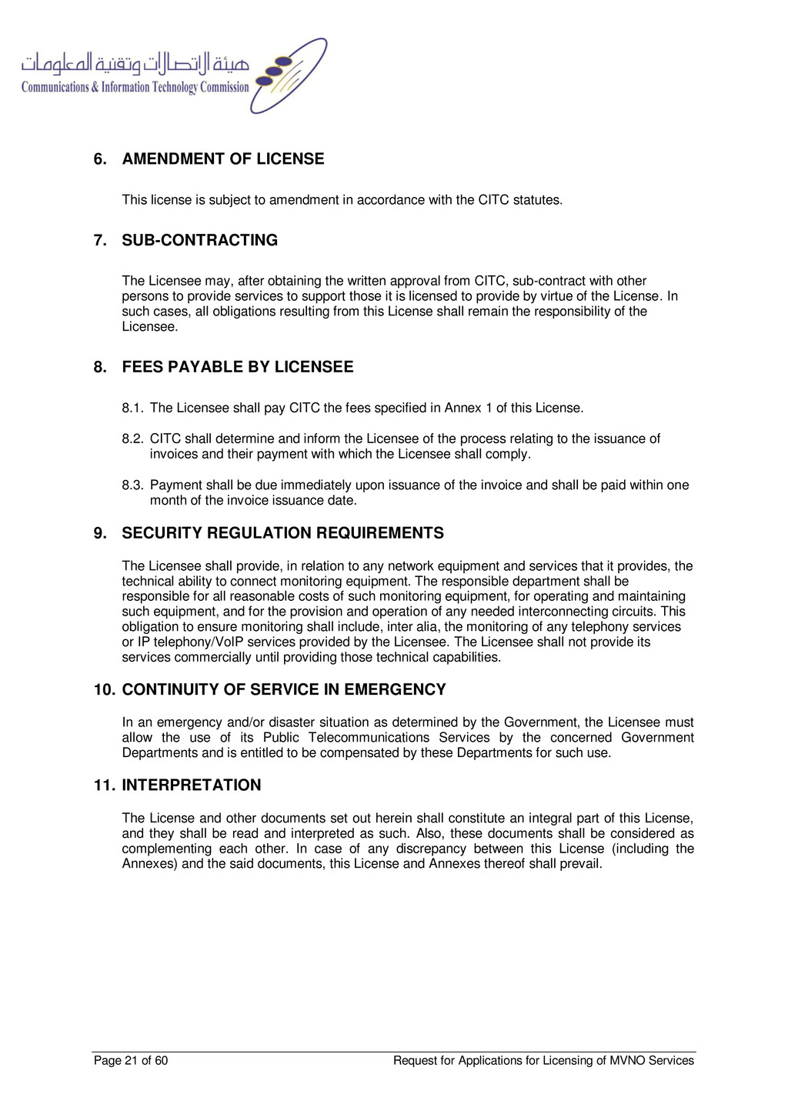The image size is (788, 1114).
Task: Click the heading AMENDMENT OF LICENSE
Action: tap(223, 159)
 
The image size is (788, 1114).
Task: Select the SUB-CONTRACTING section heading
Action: tap(200, 241)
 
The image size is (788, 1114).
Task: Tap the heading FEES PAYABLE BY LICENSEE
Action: tap(238, 367)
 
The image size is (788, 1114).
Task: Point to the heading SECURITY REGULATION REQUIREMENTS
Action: tap(282, 533)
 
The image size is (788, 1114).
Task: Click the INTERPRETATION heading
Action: tap(192, 785)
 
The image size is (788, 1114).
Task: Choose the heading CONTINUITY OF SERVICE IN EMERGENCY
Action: tap(284, 690)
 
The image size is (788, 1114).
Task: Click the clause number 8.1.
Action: tap(132, 409)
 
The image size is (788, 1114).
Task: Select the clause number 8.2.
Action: tap(132, 439)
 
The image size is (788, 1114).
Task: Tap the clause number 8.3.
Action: tap(132, 485)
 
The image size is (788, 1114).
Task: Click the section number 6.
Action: tap(100, 159)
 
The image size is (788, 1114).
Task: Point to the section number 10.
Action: tap(104, 690)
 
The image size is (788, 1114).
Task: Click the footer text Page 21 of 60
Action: tap(131, 1061)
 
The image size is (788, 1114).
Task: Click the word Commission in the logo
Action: tap(225, 88)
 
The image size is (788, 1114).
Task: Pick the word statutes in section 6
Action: tap(537, 200)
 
